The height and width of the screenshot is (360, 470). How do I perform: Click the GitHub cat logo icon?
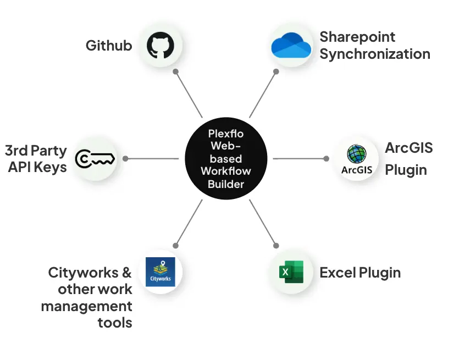[160, 46]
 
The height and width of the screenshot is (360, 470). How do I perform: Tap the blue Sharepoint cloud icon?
[291, 45]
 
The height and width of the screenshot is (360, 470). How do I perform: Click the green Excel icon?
[291, 272]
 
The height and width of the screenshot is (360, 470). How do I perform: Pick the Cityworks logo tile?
[161, 272]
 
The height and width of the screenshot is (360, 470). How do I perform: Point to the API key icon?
[95, 158]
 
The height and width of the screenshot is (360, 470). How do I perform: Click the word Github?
[109, 46]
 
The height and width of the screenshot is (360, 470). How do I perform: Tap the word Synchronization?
[375, 54]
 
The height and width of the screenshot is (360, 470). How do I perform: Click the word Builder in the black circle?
[226, 184]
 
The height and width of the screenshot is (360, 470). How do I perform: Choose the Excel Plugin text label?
[360, 273]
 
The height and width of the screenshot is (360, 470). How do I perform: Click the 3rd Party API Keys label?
[36, 159]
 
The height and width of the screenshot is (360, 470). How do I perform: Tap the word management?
[87, 306]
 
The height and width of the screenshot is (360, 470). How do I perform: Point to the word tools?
[115, 322]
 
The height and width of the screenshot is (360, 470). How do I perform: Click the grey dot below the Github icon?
[175, 71]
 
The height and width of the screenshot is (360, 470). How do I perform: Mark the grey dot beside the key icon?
[125, 158]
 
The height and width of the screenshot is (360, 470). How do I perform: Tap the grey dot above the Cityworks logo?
[175, 246]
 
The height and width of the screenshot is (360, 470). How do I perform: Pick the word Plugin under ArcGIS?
[406, 170]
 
